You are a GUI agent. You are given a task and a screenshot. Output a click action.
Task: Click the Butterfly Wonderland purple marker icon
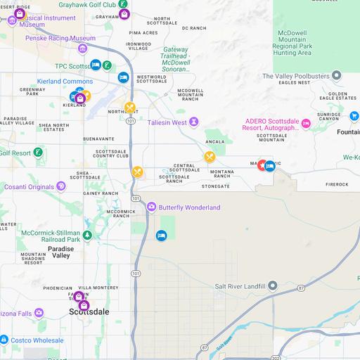[x=151, y=207]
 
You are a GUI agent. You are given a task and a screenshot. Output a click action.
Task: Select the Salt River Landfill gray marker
[x=273, y=286]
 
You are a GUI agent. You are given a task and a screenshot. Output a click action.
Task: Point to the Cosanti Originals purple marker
[x=61, y=186]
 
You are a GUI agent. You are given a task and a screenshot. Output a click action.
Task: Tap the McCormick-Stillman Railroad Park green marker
[x=86, y=236]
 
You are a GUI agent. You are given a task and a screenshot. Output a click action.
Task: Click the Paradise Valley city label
[x=60, y=252]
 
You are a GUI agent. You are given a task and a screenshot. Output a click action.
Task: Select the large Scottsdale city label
[x=89, y=311]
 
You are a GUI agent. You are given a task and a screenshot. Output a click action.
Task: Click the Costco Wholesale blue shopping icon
[x=4, y=340]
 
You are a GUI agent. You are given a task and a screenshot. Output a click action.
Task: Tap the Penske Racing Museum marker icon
[x=83, y=48]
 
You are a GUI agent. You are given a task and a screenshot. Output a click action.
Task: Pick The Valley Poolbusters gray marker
[x=337, y=75]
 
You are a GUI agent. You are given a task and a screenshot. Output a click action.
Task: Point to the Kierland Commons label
[x=65, y=82]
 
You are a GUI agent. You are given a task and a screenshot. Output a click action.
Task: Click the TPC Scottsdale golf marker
[x=106, y=66]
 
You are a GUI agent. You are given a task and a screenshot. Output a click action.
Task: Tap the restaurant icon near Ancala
[x=209, y=156]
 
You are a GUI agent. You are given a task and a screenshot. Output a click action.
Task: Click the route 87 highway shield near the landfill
[x=301, y=288]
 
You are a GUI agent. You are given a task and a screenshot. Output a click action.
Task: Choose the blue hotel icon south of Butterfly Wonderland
[x=161, y=236]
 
